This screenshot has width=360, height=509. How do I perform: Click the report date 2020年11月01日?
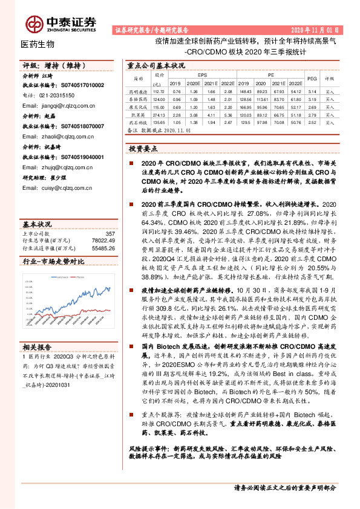click(x=318, y=29)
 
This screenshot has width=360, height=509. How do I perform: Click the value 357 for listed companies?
click(x=110, y=216)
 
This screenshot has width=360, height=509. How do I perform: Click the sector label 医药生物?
click(x=38, y=44)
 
